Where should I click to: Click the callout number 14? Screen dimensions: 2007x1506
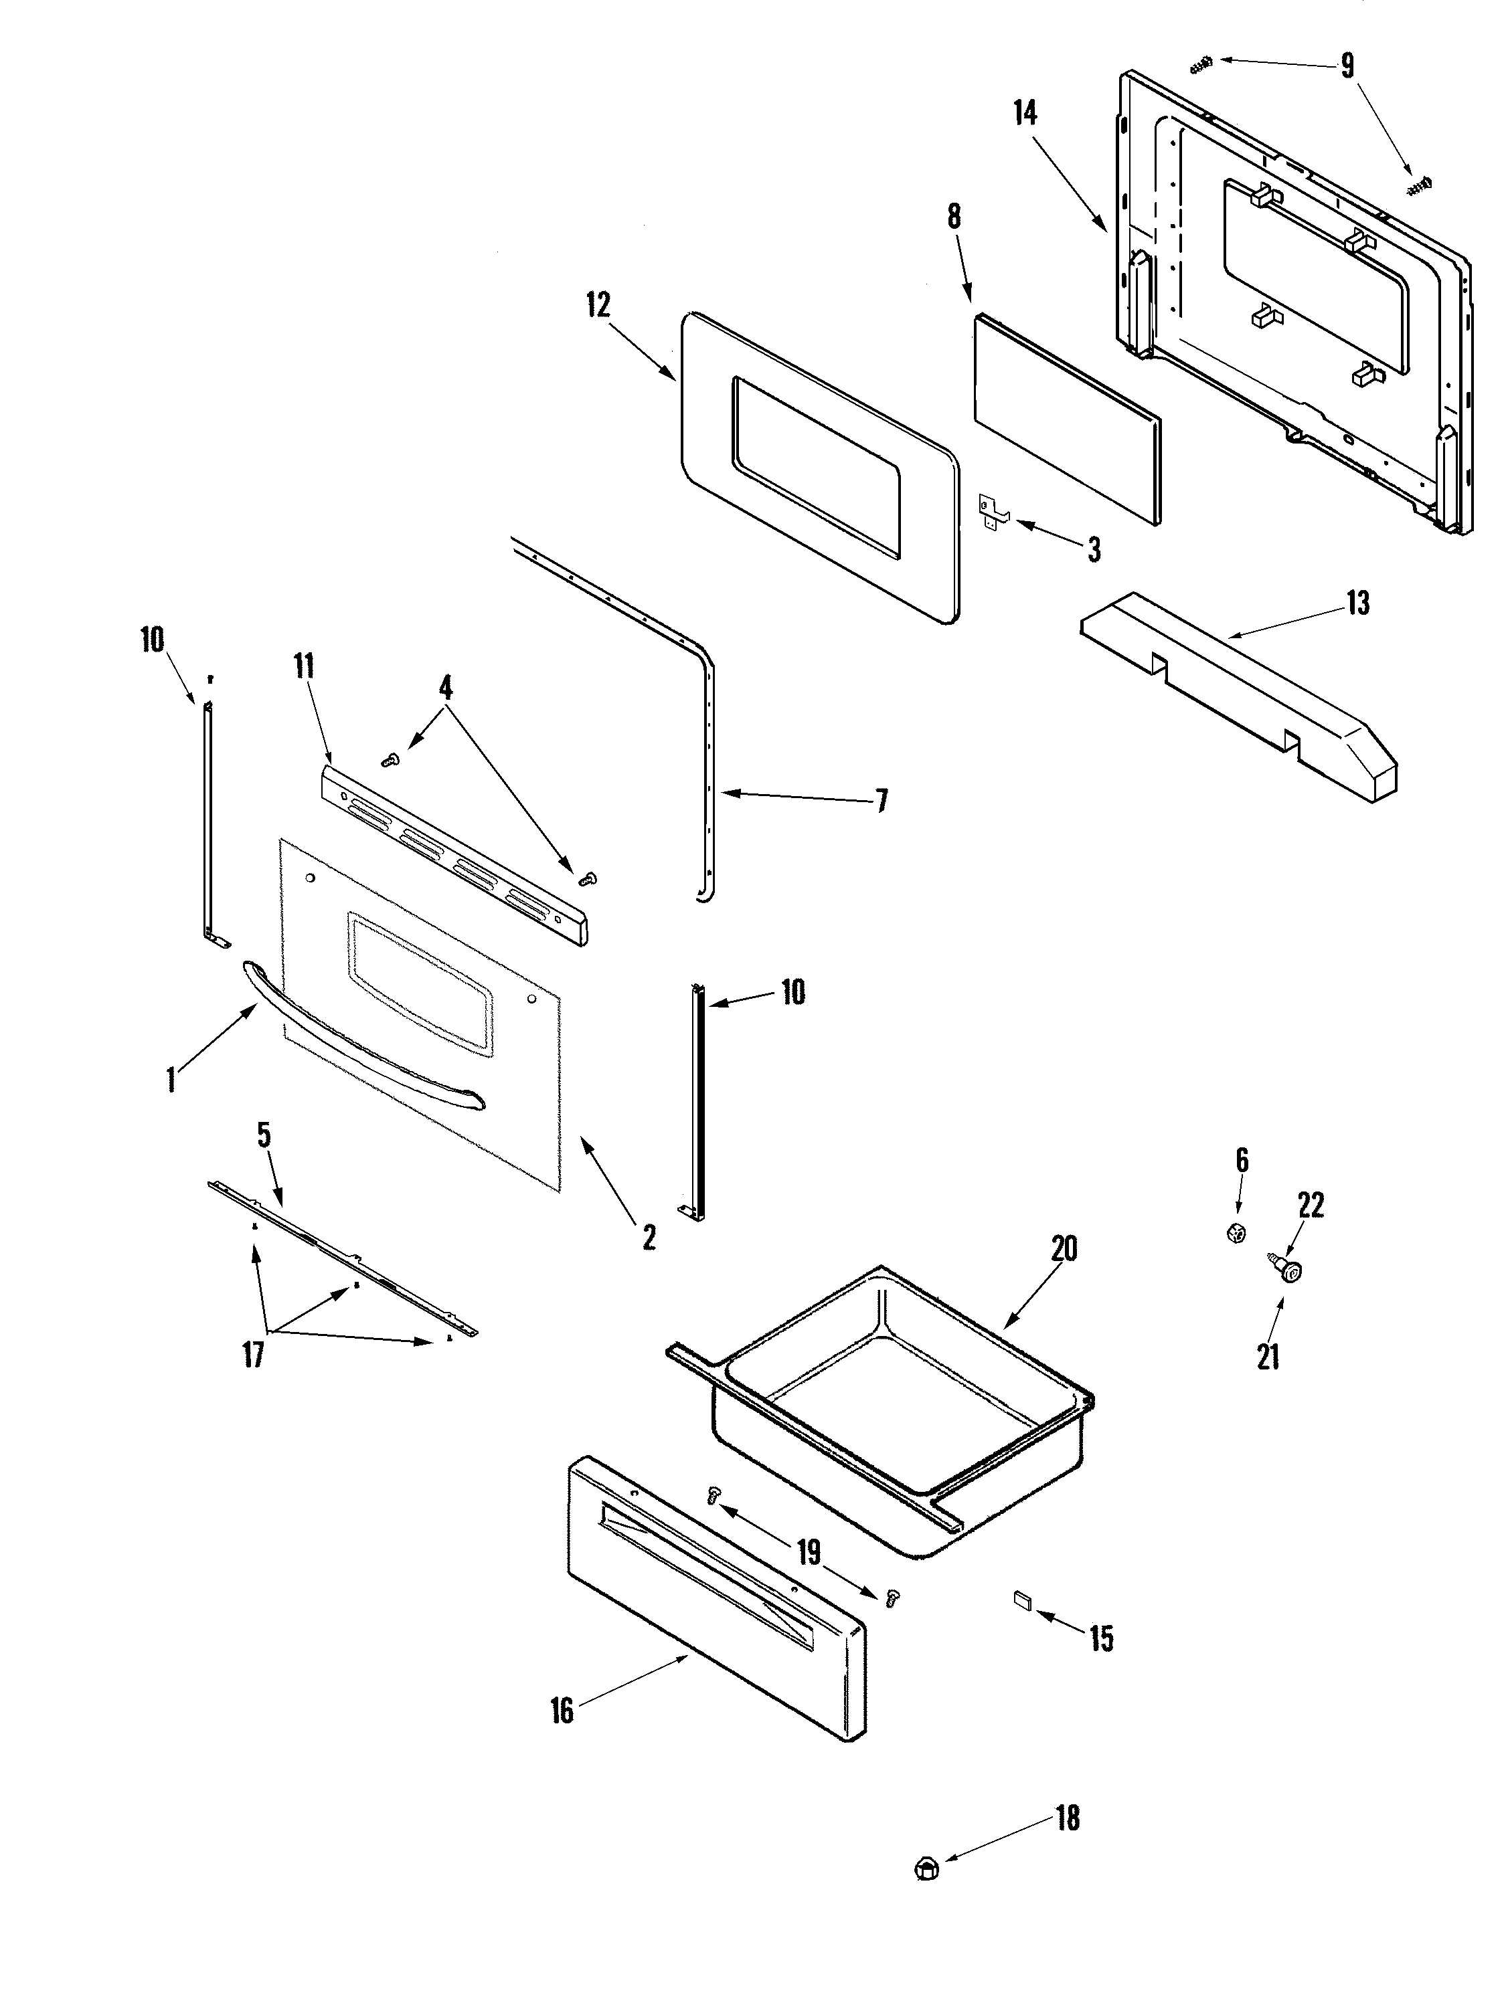pos(1025,114)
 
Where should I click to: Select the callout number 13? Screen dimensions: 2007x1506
pos(1357,603)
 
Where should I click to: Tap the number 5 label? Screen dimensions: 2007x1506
pos(264,1135)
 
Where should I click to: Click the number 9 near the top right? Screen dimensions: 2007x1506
pos(1347,66)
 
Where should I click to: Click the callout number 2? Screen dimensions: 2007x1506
pos(648,1238)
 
